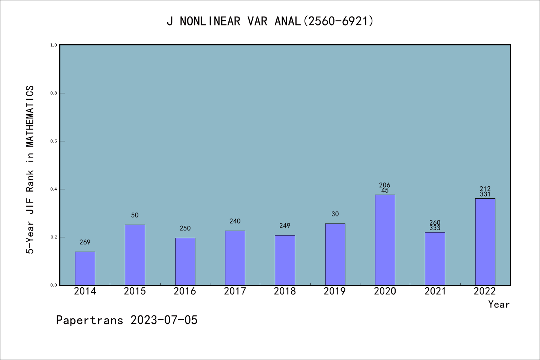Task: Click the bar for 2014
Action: click(x=85, y=268)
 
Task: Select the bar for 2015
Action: click(x=135, y=255)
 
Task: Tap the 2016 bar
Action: click(x=185, y=261)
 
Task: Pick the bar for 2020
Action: click(x=385, y=240)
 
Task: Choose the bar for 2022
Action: click(x=485, y=242)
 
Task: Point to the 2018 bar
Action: click(x=285, y=260)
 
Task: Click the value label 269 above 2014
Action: click(x=85, y=242)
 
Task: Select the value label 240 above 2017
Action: click(x=235, y=221)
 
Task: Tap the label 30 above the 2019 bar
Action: click(x=335, y=214)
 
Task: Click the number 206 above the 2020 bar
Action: click(x=385, y=185)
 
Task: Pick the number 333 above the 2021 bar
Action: click(x=435, y=228)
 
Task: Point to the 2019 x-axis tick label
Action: click(x=335, y=291)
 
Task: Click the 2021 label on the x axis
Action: click(x=435, y=291)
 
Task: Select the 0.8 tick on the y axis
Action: click(x=54, y=93)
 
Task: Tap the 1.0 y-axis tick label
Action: click(x=54, y=45)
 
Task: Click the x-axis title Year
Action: click(x=499, y=304)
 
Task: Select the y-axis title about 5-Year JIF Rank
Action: click(x=30, y=169)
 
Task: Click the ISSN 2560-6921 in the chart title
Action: click(x=339, y=21)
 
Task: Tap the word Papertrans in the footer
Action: click(x=90, y=320)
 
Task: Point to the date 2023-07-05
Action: click(x=164, y=320)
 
